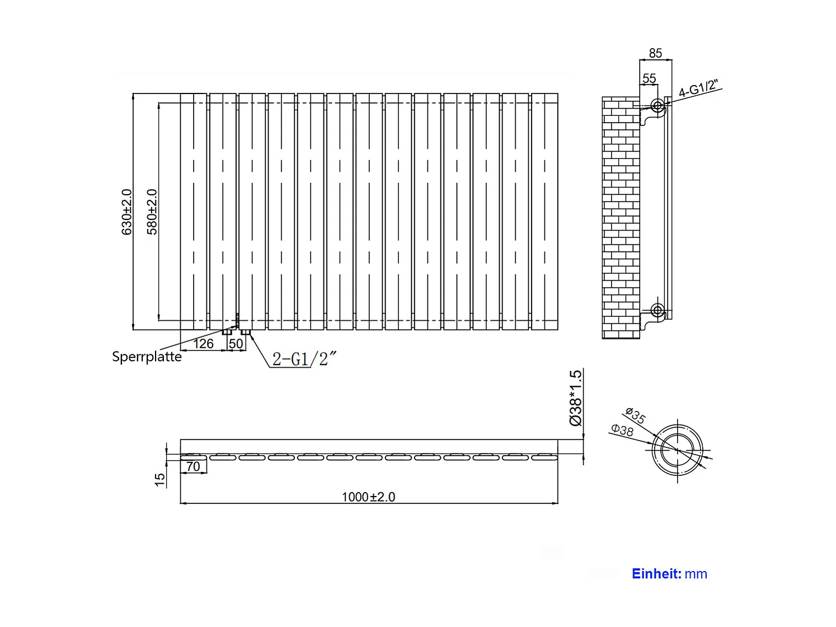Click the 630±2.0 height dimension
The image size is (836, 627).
point(127,212)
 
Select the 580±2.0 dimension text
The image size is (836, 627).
point(152,212)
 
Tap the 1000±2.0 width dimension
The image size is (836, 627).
point(368,497)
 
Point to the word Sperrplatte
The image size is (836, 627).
point(147,357)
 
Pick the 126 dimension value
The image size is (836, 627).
point(203,343)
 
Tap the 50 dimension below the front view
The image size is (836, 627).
point(236,343)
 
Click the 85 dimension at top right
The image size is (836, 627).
point(655,53)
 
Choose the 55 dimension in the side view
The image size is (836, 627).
point(649,78)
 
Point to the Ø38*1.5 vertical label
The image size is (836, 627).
point(576,397)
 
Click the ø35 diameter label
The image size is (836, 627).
point(636,416)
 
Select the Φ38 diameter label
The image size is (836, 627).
point(622,430)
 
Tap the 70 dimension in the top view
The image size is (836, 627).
point(193,466)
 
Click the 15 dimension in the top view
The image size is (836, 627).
point(160,479)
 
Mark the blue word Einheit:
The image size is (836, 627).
point(656,574)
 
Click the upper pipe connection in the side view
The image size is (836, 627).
point(657,105)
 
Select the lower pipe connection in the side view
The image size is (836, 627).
point(657,309)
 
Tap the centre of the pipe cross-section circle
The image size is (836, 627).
point(678,450)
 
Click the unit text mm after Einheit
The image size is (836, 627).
point(696,574)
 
